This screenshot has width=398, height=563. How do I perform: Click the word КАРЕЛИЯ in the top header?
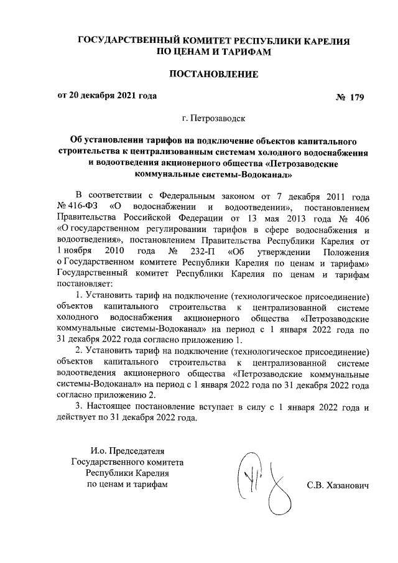pos(326,40)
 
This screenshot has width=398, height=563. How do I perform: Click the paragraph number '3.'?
pos(78,407)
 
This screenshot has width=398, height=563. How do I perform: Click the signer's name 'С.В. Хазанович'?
pos(338,485)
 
